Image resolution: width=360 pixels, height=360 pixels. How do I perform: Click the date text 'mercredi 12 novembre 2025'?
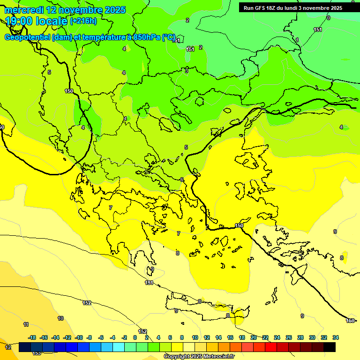tap(65, 10)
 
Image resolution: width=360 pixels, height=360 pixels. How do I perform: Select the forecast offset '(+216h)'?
tap(83, 21)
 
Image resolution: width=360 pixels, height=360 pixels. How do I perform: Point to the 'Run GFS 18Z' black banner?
tap(292, 8)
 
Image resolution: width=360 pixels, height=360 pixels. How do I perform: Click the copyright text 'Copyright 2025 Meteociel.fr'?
tap(199, 357)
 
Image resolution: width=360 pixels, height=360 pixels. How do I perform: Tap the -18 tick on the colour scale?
tap(32, 337)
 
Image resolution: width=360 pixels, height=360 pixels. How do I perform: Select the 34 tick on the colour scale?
tap(336, 337)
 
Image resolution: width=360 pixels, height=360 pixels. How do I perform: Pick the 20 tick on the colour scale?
tap(254, 337)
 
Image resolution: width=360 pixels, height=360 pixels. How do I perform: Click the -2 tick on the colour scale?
tap(124, 337)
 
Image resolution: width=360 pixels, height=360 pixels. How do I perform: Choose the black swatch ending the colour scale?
tap(330, 347)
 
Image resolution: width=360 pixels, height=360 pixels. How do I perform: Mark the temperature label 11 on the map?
tap(26, 324)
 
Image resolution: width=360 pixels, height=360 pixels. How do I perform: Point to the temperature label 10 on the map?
tap(60, 318)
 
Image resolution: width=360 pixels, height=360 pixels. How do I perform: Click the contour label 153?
tap(37, 353)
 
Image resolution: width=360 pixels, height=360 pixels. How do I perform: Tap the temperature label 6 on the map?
tap(182, 180)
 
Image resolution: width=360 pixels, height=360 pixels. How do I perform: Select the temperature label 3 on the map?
tap(187, 71)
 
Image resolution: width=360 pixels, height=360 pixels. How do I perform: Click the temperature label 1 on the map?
tap(297, 40)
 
